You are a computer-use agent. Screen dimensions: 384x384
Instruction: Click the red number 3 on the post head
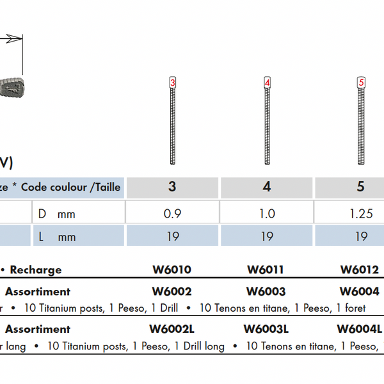point(173,83)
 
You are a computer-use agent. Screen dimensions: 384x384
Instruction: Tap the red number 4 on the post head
point(267,83)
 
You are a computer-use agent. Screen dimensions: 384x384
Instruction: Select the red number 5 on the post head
point(361,83)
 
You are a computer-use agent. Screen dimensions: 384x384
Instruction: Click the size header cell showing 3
point(172,188)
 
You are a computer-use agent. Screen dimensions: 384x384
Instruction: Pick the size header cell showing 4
point(267,188)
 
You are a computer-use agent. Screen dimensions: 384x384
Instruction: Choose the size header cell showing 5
point(349,188)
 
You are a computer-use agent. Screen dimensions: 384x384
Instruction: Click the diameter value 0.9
point(172,214)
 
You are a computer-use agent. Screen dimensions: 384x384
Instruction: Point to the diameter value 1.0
point(267,214)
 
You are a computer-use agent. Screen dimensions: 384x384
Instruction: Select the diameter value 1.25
point(361,214)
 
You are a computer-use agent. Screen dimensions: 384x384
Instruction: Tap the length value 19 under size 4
point(267,237)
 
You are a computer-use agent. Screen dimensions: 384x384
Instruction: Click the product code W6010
point(172,269)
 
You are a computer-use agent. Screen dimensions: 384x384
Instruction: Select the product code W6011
point(266,269)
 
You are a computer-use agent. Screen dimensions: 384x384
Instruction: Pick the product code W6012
point(360,269)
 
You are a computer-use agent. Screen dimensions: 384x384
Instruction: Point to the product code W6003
point(266,291)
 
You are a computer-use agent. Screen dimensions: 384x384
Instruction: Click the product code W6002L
point(172,329)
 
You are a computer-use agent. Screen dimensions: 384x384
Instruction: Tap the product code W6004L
point(359,329)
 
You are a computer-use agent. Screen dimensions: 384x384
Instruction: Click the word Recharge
point(36,270)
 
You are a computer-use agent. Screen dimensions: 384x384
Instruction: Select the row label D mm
point(56,214)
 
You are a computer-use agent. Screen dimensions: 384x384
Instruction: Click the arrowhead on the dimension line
point(14,38)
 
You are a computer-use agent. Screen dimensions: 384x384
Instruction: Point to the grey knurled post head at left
point(12,88)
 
